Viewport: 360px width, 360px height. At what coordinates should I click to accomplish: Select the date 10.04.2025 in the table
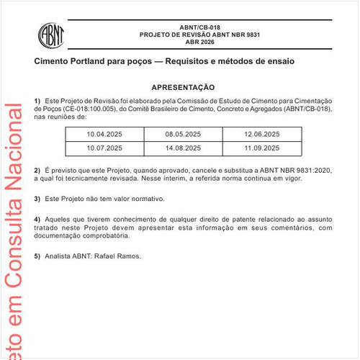coord(104,135)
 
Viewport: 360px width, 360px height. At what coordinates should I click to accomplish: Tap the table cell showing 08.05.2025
coord(183,135)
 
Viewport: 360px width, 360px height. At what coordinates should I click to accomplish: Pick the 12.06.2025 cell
coord(262,135)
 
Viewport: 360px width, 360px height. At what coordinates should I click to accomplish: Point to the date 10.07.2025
coord(104,148)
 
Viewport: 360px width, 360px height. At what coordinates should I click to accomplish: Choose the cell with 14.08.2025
coord(183,148)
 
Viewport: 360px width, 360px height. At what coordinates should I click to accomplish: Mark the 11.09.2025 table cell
coord(262,148)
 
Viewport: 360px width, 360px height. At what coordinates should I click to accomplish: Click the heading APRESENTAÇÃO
coord(183,86)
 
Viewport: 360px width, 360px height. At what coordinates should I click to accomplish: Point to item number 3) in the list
coord(37,198)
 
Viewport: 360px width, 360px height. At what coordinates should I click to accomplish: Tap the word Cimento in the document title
coord(55,61)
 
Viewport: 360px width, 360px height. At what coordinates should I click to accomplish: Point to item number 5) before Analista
coord(37,256)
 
